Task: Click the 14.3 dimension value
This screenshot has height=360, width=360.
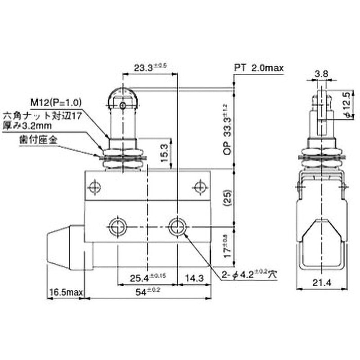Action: click(194, 277)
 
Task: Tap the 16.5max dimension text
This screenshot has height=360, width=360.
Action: click(66, 292)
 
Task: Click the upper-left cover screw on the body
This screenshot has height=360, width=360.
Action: click(94, 186)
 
